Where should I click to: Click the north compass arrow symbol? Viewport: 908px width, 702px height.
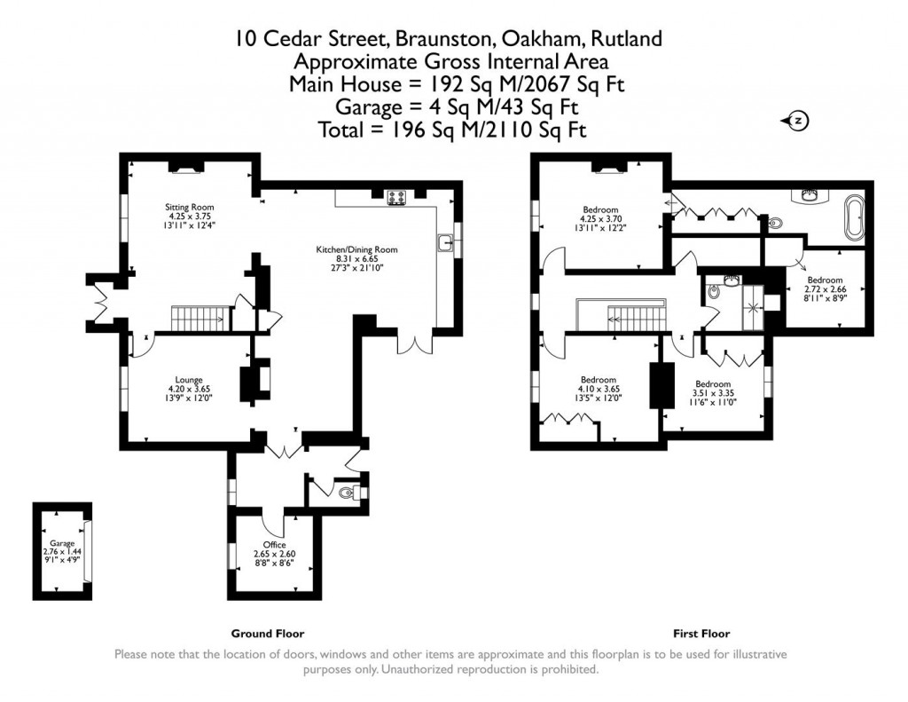[795, 121]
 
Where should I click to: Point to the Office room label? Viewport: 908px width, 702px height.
[274, 544]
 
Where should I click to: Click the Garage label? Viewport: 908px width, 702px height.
[61, 542]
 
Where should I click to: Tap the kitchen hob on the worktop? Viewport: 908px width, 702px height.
[395, 198]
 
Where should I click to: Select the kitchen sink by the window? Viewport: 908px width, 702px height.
[443, 241]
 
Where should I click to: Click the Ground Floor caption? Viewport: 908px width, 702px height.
[267, 634]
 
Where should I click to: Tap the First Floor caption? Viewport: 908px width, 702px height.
[701, 634]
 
